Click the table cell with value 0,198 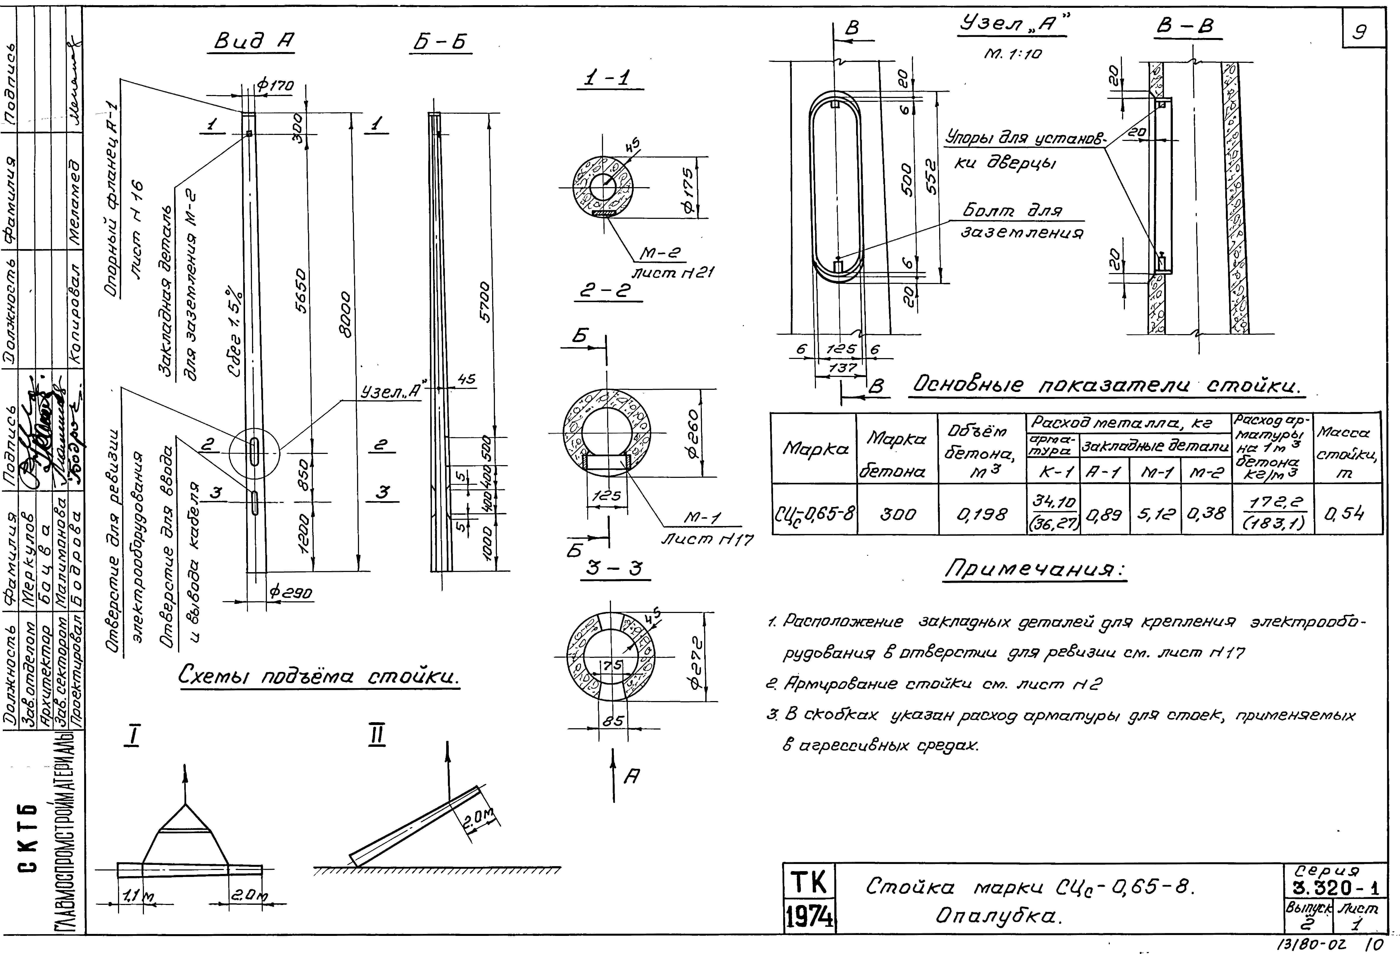tap(982, 514)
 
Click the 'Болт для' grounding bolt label tap(1012, 212)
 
